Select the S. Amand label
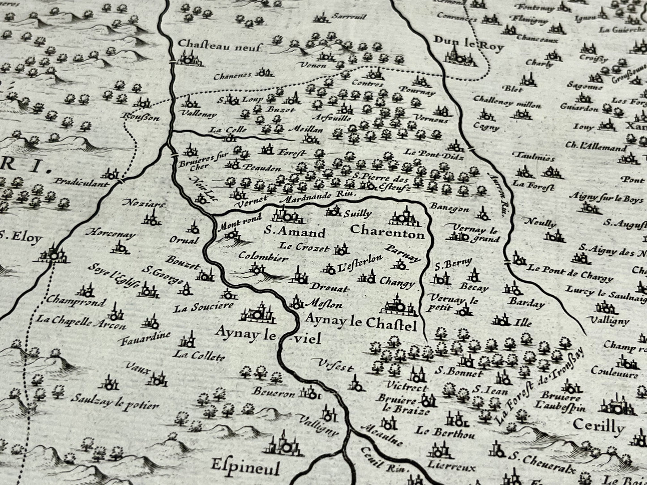click(294, 233)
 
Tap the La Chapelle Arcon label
click(81, 323)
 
